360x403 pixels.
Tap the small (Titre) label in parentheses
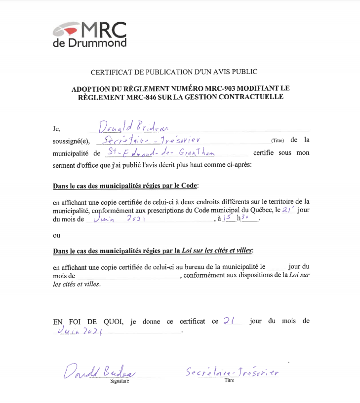pyautogui.click(x=278, y=141)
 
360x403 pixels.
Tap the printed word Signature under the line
pyautogui.click(x=120, y=381)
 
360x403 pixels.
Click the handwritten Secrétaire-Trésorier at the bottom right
pyautogui.click(x=232, y=372)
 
